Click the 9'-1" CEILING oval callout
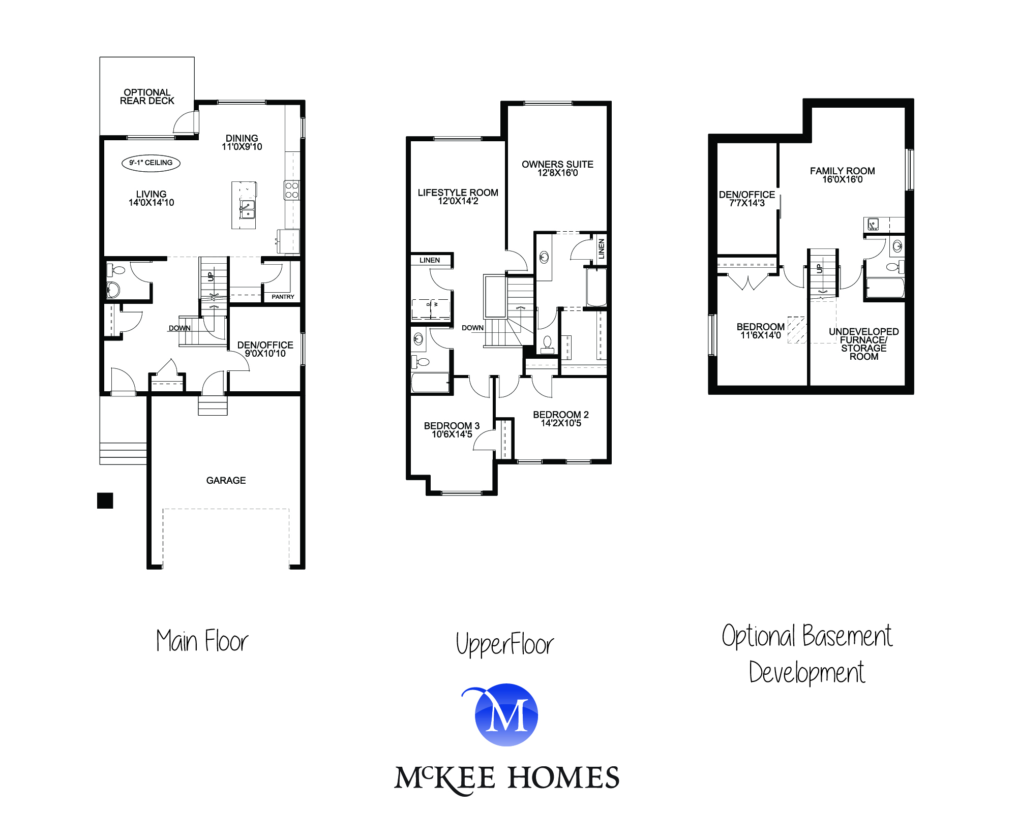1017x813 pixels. (x=151, y=163)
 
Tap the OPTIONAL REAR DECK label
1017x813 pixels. (x=147, y=97)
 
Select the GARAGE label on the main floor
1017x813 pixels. (x=226, y=480)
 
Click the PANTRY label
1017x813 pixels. (x=283, y=297)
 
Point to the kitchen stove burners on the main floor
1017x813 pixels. (x=292, y=190)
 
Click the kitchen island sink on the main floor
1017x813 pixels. (x=247, y=209)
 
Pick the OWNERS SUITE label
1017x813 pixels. (x=557, y=164)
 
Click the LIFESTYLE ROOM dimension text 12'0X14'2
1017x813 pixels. (x=458, y=201)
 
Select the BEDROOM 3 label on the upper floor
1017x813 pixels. (x=452, y=426)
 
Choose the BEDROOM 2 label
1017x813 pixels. (x=560, y=415)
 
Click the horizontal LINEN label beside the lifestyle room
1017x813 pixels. (x=430, y=260)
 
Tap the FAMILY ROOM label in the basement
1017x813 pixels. (x=842, y=171)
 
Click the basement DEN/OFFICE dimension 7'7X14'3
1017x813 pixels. (x=746, y=203)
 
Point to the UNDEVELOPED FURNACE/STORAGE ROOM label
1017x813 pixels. (x=863, y=344)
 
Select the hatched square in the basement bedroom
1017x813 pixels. (x=796, y=330)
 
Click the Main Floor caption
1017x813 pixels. (x=202, y=641)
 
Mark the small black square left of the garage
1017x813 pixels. (x=105, y=501)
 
